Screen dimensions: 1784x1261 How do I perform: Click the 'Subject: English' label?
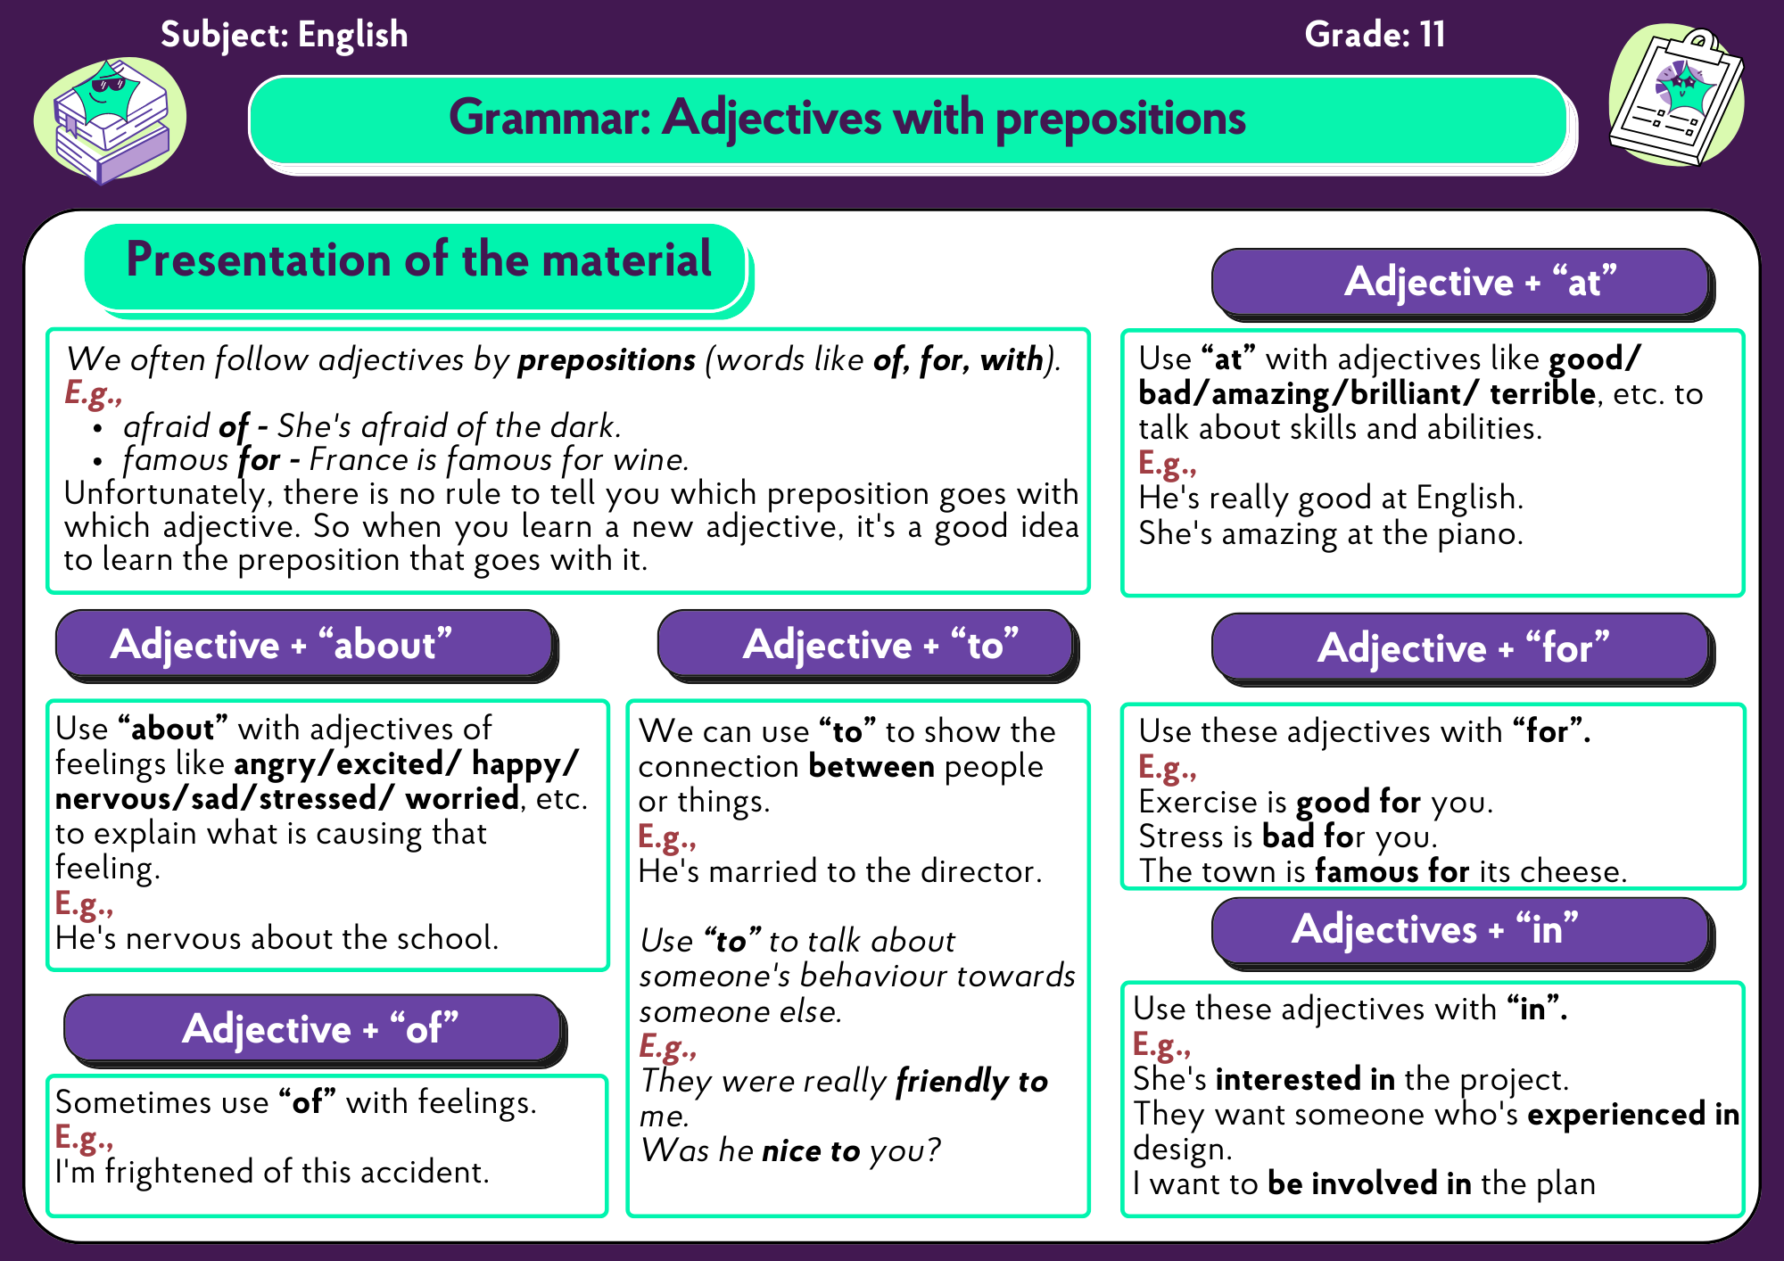(284, 35)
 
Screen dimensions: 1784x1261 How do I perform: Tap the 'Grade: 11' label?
(1375, 35)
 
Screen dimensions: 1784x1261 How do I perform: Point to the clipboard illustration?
(1676, 95)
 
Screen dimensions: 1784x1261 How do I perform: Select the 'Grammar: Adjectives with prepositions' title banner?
(909, 120)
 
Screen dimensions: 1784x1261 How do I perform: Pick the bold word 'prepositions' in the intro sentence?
(607, 360)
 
